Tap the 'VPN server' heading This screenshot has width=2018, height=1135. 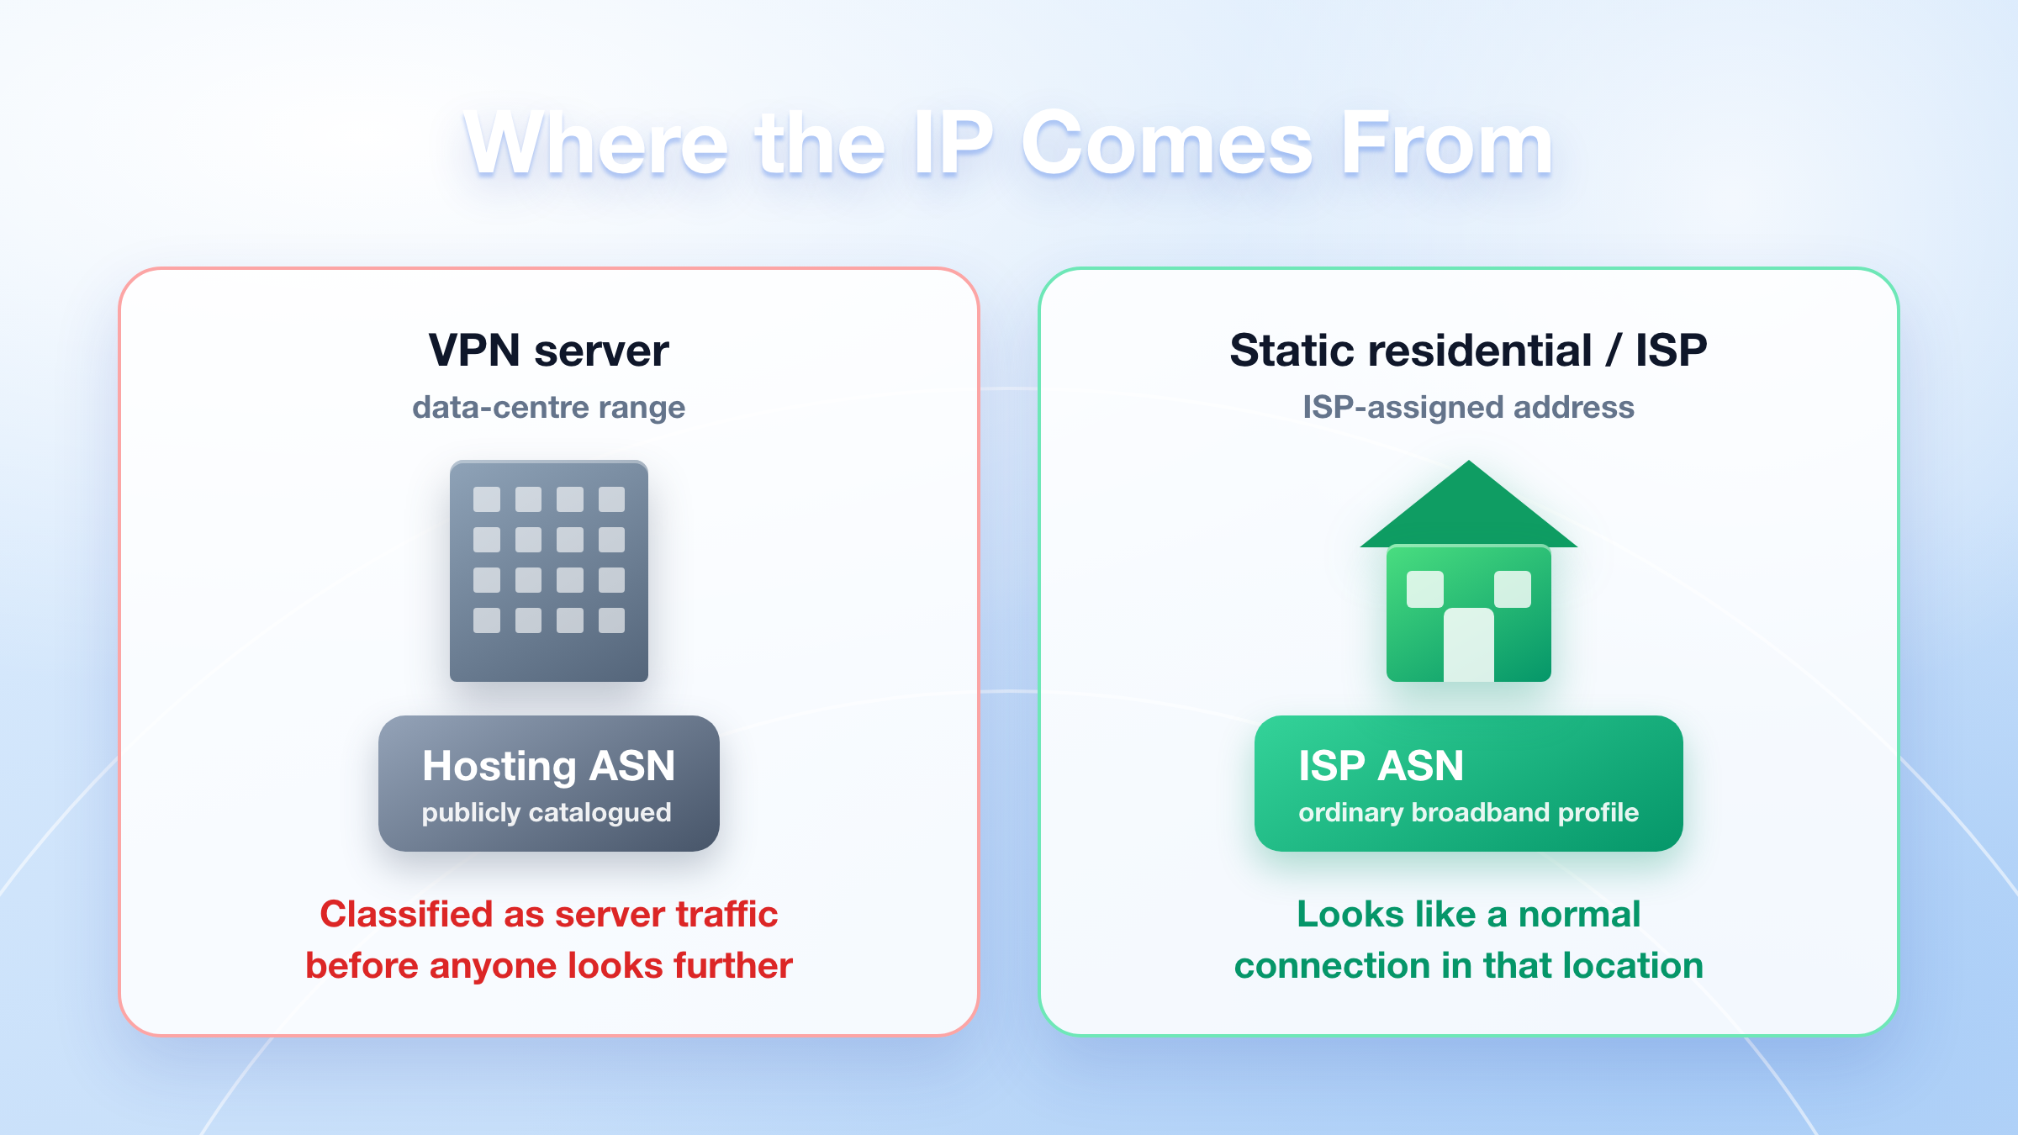pyautogui.click(x=549, y=350)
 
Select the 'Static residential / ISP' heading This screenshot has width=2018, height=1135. pyautogui.click(x=1468, y=350)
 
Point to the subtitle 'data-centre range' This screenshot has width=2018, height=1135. pyautogui.click(x=548, y=408)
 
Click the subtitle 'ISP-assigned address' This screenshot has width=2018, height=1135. pyautogui.click(x=1468, y=407)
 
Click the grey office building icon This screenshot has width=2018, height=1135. pyautogui.click(x=549, y=571)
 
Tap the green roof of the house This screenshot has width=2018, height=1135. pyautogui.click(x=1469, y=504)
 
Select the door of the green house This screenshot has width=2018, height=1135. pyautogui.click(x=1469, y=645)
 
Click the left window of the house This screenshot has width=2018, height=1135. pyautogui.click(x=1425, y=589)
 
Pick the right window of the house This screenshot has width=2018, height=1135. pyautogui.click(x=1513, y=589)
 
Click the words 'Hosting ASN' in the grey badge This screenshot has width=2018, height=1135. pyautogui.click(x=549, y=766)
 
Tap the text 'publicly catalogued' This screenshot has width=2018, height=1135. pyautogui.click(x=547, y=813)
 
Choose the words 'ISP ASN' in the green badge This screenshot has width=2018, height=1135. pyautogui.click(x=1381, y=766)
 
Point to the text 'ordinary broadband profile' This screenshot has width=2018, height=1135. pyautogui.click(x=1469, y=813)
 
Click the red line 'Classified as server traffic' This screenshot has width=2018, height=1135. pyautogui.click(x=549, y=914)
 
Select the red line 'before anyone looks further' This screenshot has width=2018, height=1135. pyautogui.click(x=549, y=965)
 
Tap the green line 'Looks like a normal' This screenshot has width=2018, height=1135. pyautogui.click(x=1469, y=914)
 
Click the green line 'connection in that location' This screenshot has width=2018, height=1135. pyautogui.click(x=1469, y=965)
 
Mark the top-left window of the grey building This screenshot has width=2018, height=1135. pyautogui.click(x=487, y=499)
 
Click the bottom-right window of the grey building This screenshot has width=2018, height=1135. pyautogui.click(x=611, y=620)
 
